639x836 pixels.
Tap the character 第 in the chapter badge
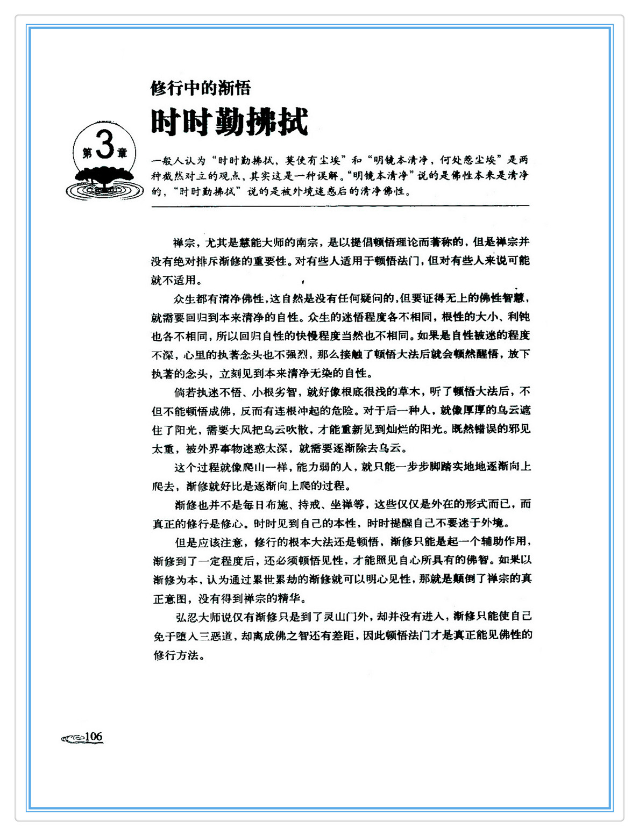tap(87, 153)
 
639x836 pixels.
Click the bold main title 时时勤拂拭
tap(229, 122)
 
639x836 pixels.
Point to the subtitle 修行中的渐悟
tap(201, 88)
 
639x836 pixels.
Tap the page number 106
tap(94, 737)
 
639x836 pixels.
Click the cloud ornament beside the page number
tap(73, 739)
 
